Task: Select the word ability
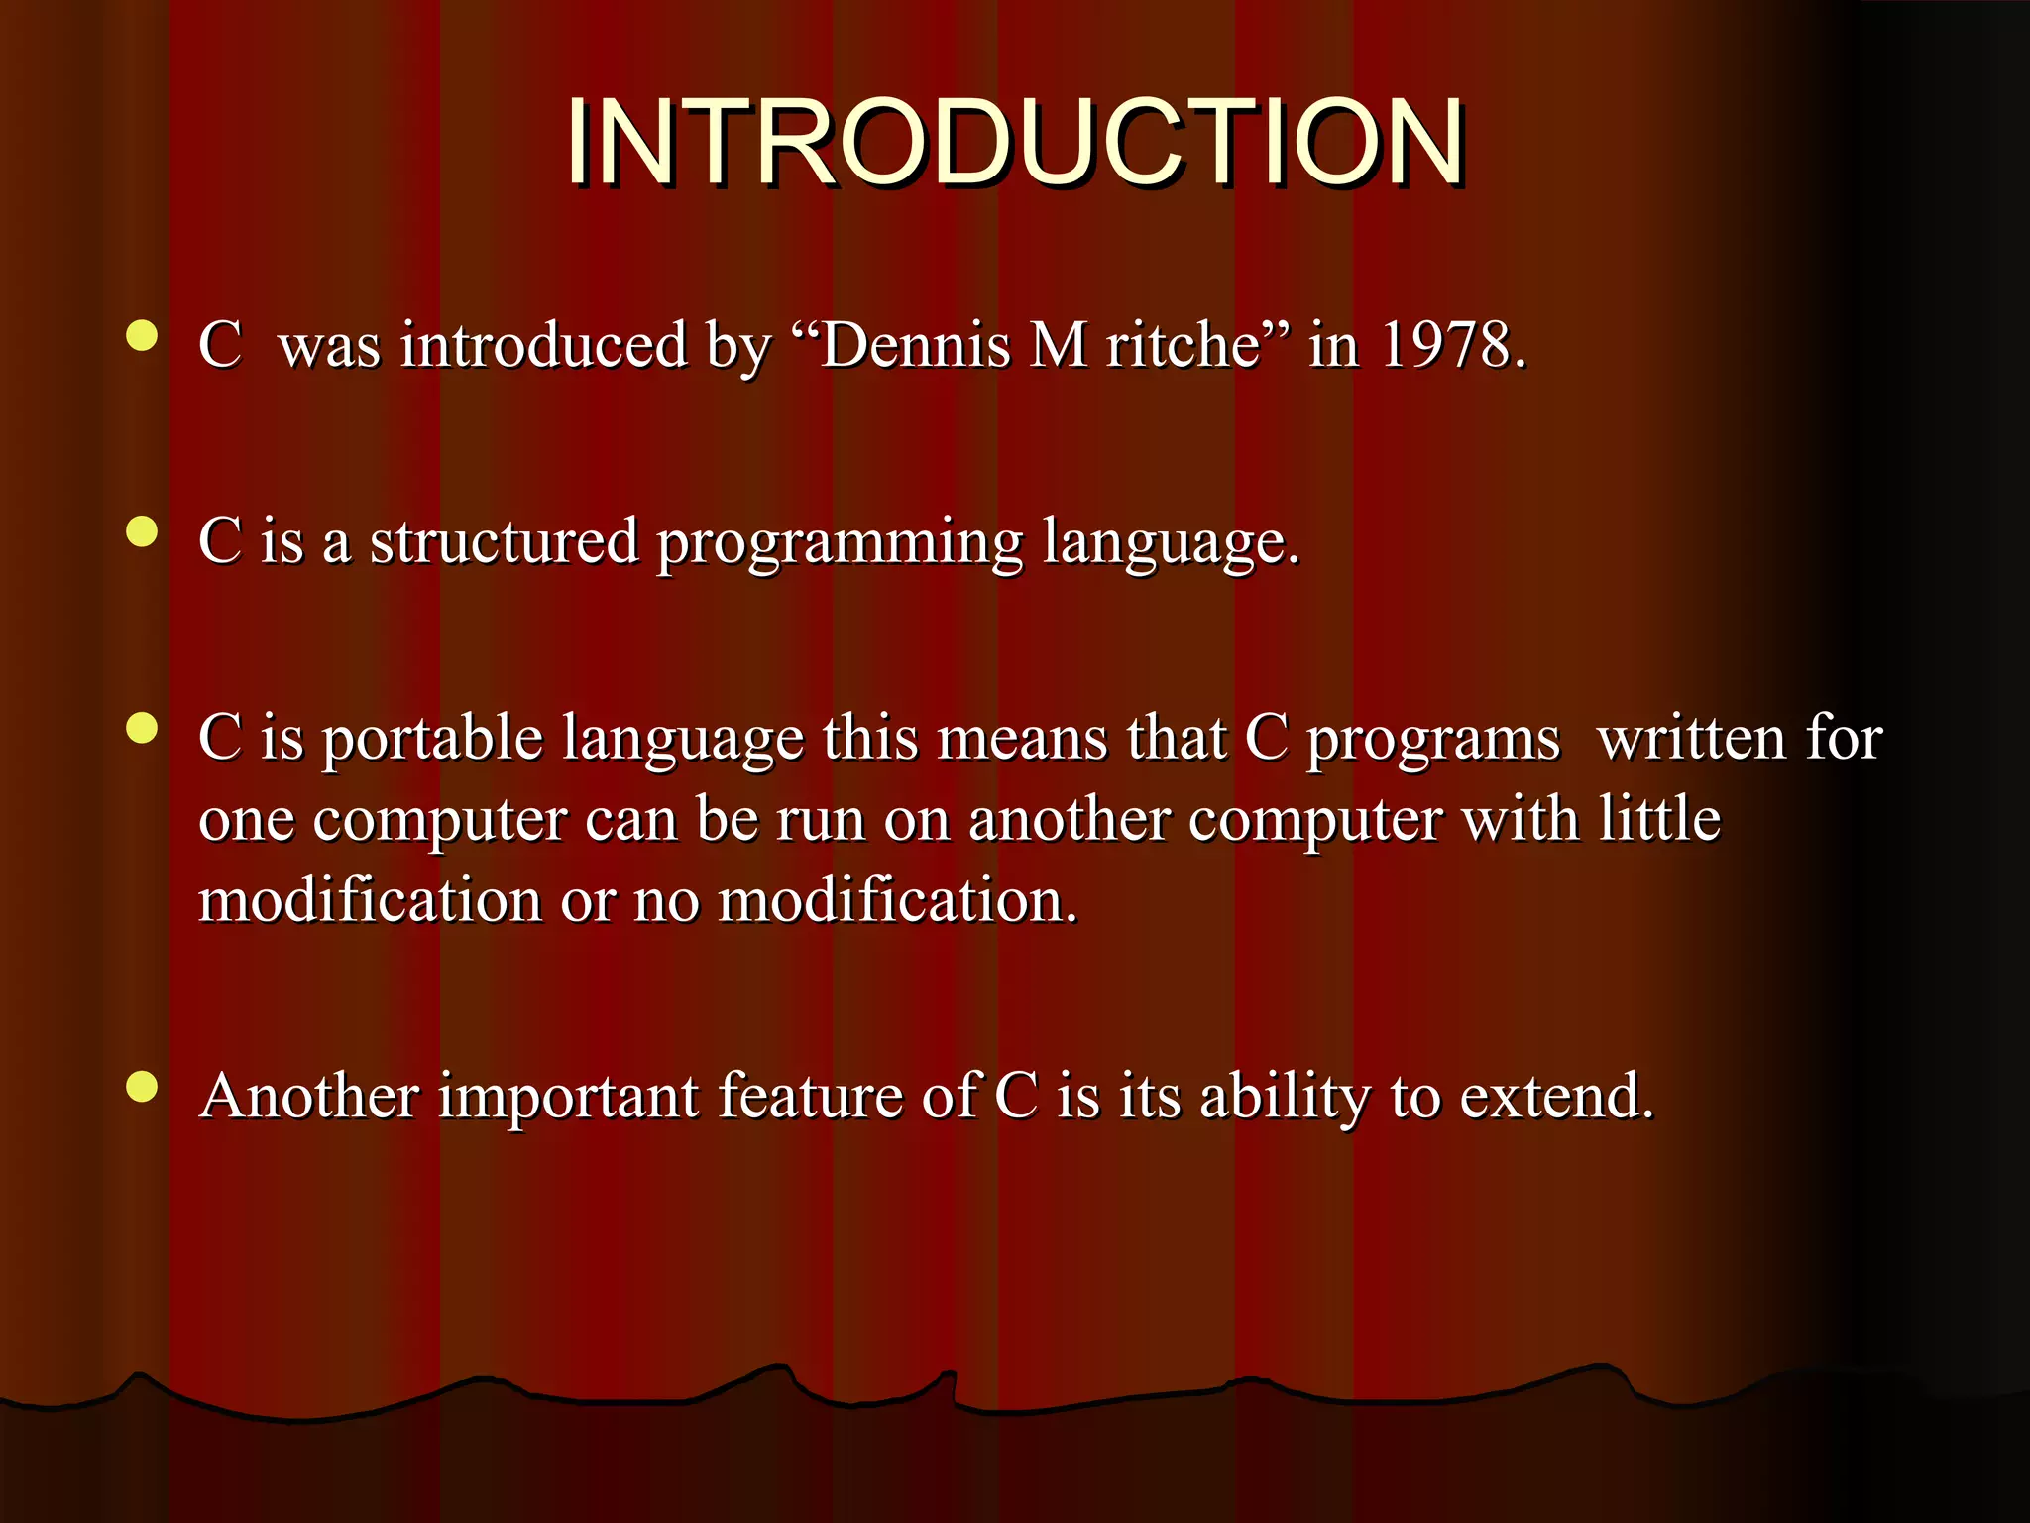(1285, 1099)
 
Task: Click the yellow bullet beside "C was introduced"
(143, 336)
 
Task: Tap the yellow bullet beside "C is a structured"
(143, 532)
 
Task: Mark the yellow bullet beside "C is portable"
(143, 729)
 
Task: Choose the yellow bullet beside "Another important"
(143, 1087)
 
